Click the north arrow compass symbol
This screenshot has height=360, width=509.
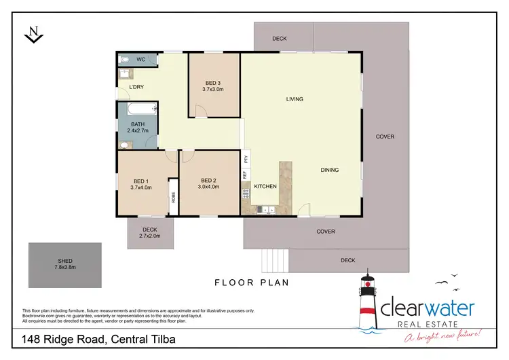point(31,34)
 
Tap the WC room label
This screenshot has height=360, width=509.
point(141,60)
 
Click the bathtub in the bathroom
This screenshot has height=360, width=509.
point(138,109)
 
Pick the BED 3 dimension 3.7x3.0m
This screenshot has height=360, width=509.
point(213,89)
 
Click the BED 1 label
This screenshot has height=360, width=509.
point(141,181)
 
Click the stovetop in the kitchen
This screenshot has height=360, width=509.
point(246,194)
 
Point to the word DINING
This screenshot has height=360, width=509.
point(330,170)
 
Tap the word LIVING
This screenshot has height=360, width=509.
point(295,99)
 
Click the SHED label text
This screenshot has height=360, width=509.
point(65,261)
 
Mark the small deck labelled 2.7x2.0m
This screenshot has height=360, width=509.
point(149,233)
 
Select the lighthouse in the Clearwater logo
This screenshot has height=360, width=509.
point(367,299)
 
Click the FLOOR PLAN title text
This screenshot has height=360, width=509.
point(252,283)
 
